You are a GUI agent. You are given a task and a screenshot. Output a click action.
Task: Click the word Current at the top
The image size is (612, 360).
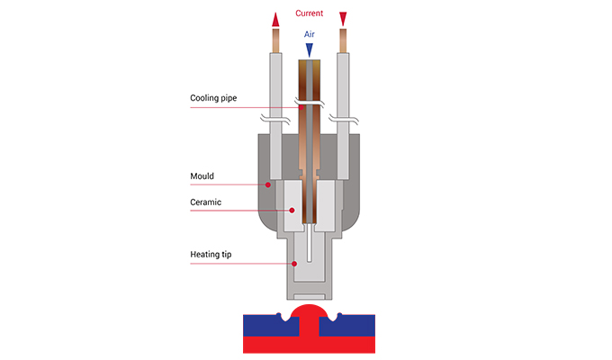tap(309, 13)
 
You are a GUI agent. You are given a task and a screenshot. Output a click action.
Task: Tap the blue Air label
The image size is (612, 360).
tap(309, 33)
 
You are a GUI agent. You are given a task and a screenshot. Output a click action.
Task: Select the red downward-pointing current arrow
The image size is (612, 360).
tap(343, 19)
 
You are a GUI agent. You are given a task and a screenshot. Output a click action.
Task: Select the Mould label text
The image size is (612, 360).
tap(202, 176)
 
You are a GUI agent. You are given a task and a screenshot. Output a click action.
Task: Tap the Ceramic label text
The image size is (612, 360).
tap(206, 202)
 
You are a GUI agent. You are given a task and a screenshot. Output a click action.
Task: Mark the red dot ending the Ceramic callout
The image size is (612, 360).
tap(291, 211)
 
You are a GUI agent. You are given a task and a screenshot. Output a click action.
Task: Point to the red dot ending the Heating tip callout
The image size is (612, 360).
tap(294, 263)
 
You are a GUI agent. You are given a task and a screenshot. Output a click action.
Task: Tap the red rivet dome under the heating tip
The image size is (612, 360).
tap(308, 317)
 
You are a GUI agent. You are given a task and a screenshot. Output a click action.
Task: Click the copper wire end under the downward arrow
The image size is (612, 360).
tap(343, 40)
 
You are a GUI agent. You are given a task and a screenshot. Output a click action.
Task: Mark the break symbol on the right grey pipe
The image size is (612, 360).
tap(343, 119)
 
